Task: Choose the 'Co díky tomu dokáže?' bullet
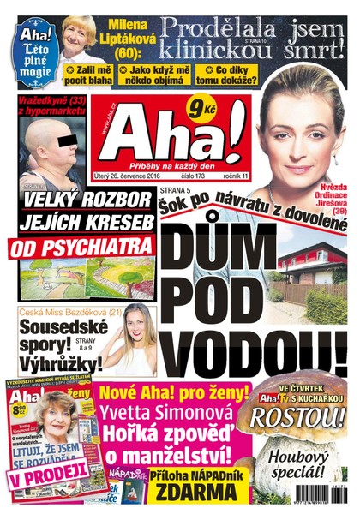(x=225, y=75)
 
